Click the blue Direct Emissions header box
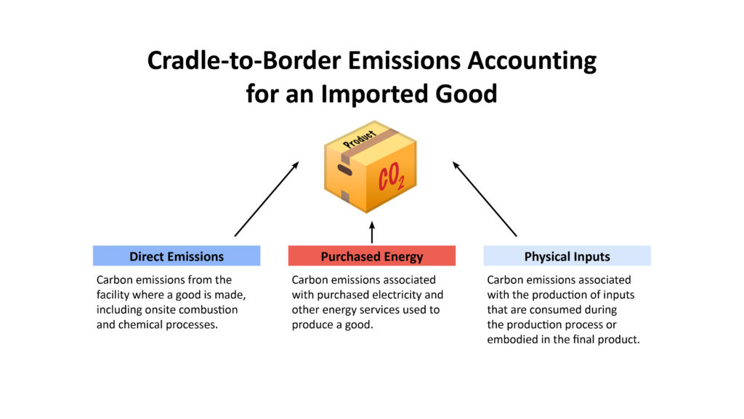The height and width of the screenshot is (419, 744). (177, 256)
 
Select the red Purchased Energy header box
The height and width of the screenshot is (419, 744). (372, 256)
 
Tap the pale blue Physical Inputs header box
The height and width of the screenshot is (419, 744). (567, 256)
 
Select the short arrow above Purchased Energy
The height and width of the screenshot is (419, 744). (372, 232)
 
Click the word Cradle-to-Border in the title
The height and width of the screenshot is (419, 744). (244, 60)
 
